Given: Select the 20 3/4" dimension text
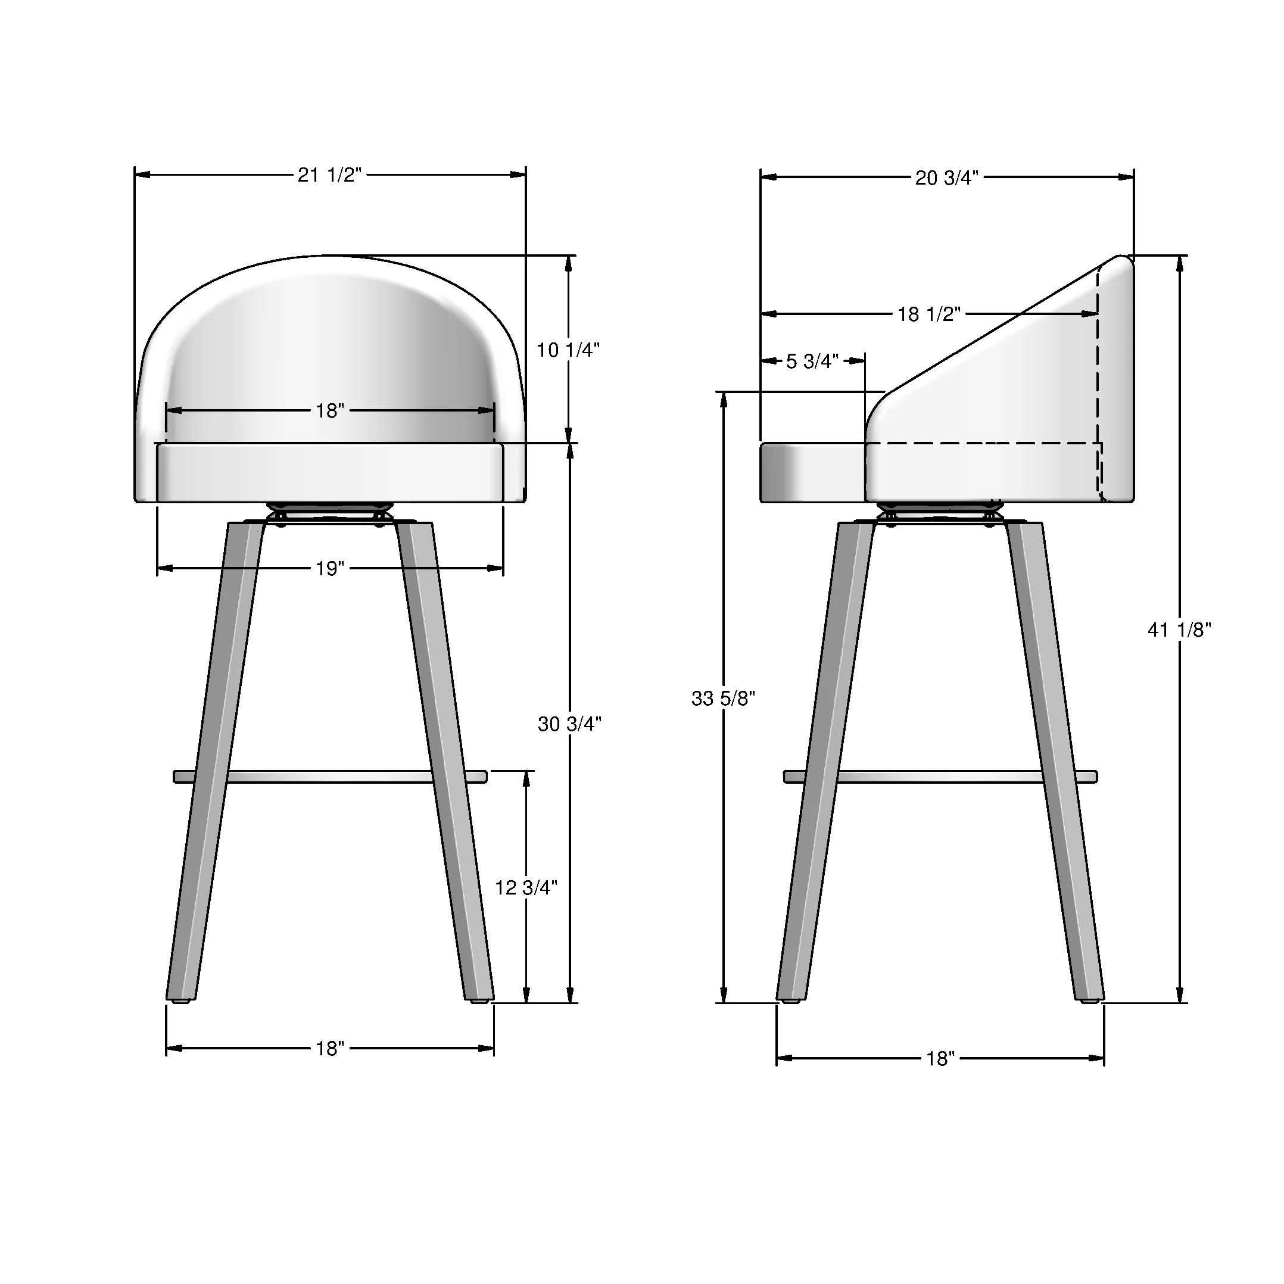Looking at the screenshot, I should point(946,177).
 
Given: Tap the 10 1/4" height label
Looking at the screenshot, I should point(568,350).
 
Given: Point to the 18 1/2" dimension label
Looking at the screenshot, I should point(928,314).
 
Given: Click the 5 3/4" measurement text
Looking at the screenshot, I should point(812,361).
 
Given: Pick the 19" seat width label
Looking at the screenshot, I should point(330,568).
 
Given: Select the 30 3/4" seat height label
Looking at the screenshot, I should point(569,724).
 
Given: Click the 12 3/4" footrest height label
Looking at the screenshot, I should point(526,887).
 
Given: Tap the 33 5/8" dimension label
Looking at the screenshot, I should point(723,699).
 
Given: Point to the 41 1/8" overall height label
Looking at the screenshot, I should point(1179,629).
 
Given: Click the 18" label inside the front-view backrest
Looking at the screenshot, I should point(330,411).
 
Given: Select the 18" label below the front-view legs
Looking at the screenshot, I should point(330,1048).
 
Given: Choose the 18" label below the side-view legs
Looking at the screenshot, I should point(940,1058).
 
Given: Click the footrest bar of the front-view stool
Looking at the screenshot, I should point(330,776).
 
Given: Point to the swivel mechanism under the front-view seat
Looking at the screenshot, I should point(330,515).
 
